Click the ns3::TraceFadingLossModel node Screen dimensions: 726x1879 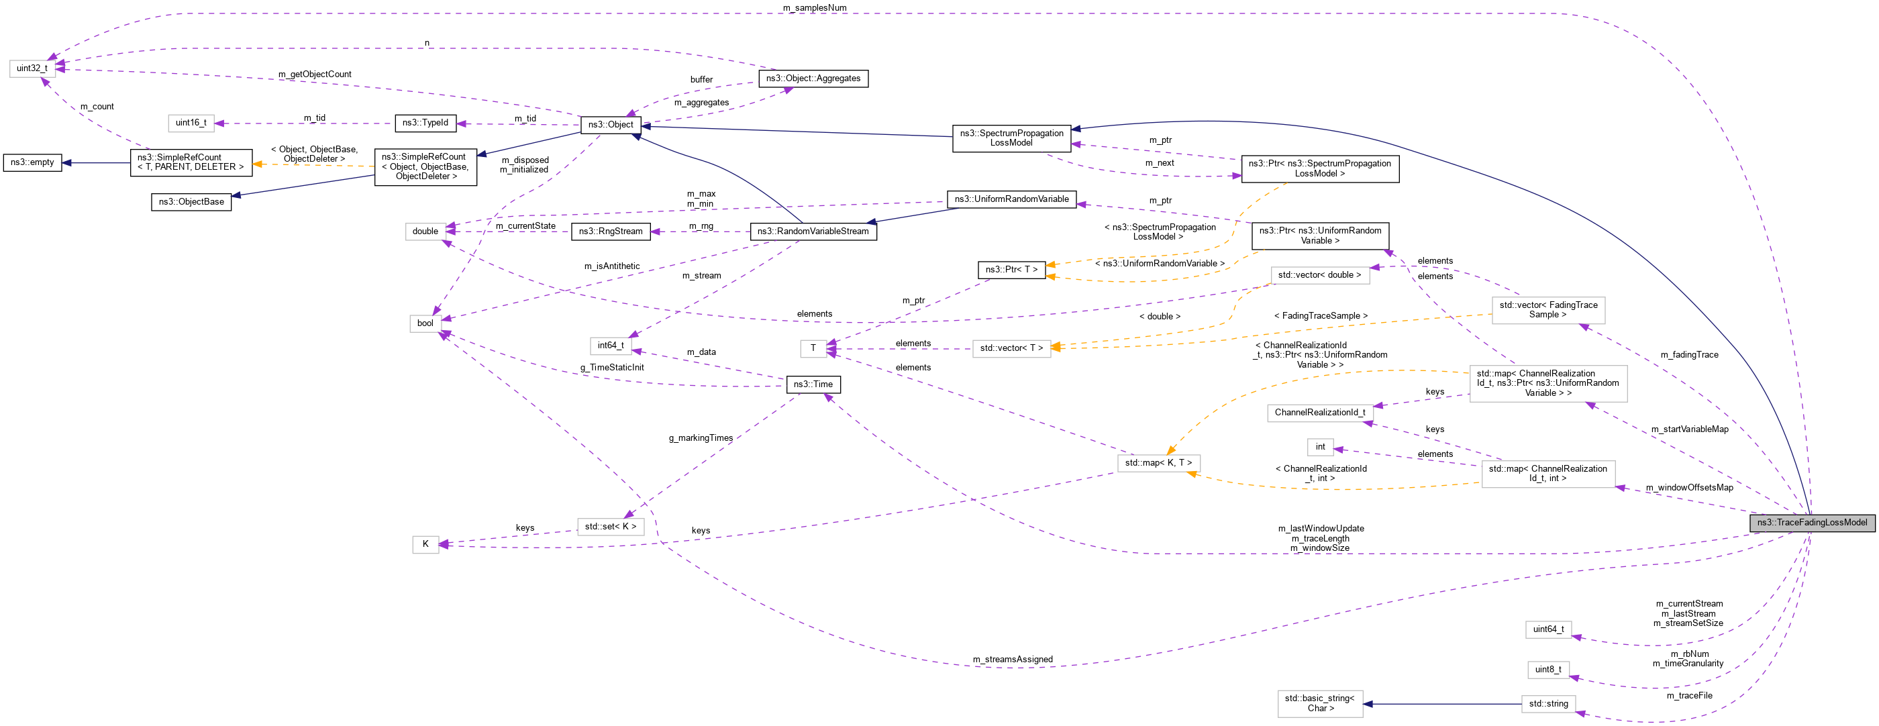click(x=1811, y=523)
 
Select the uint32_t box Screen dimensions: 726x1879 click(x=32, y=68)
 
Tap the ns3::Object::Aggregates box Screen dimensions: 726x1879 click(x=813, y=79)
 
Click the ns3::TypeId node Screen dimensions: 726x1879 click(x=425, y=123)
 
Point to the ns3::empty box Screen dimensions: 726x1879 click(x=32, y=162)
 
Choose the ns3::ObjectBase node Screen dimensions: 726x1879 click(x=191, y=202)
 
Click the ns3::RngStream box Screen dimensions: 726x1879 click(x=611, y=231)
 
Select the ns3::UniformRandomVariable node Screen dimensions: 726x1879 click(x=1011, y=199)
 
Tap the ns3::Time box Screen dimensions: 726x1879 click(x=813, y=384)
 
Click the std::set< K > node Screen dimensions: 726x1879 click(x=610, y=527)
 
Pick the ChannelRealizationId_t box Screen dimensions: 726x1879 click(x=1319, y=413)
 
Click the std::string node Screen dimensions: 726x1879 click(x=1548, y=704)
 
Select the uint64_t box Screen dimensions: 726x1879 click(x=1548, y=629)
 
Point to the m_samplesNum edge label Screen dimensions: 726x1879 click(x=814, y=8)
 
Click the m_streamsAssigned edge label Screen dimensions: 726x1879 click(x=1012, y=660)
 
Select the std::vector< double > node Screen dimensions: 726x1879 click(x=1319, y=275)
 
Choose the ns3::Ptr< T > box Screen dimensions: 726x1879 click(x=1011, y=270)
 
